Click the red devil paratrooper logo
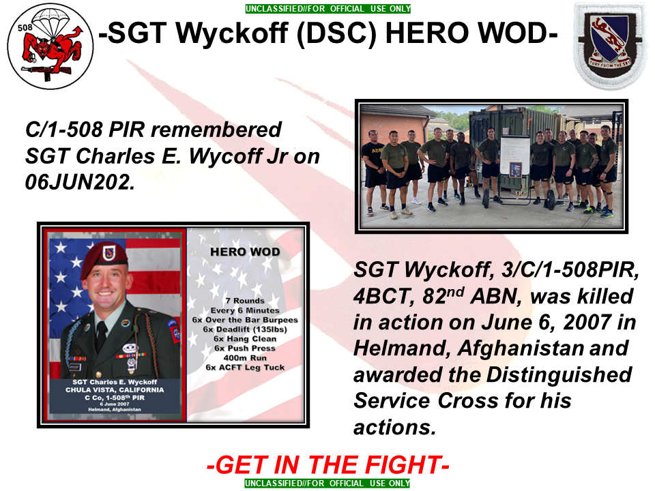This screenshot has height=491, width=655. coord(50,46)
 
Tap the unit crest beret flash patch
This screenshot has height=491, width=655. coord(610,45)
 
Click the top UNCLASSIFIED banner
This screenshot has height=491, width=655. coord(328,8)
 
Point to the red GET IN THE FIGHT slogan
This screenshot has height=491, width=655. coord(328,464)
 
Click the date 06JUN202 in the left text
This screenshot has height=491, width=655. coord(80,182)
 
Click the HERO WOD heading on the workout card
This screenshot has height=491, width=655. coord(245,252)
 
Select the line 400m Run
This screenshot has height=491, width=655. coord(245,358)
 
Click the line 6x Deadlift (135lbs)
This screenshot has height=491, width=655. coord(245,329)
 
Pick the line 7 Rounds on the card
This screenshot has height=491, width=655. coord(245,301)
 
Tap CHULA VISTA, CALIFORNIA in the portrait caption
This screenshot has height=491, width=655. coord(115,389)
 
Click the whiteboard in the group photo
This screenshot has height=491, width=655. coord(514,155)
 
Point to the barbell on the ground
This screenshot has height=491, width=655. coord(518,198)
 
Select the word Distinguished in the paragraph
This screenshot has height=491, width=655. coord(559,375)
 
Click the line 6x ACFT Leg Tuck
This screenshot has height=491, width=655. coord(245,368)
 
